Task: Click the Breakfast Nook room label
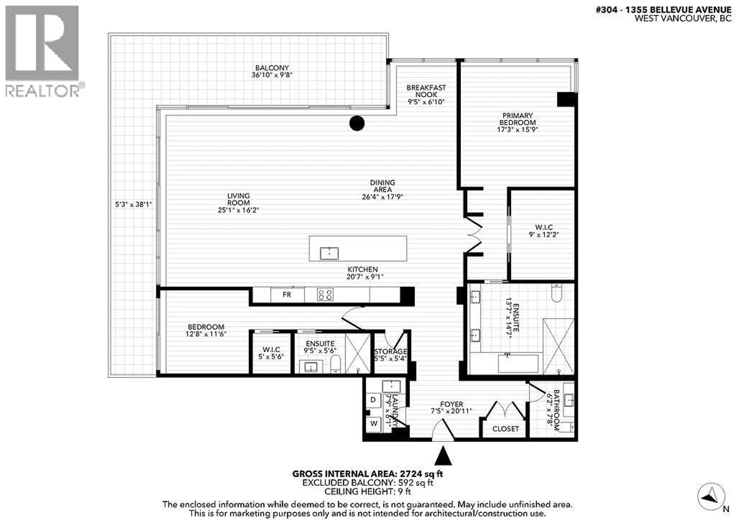coord(426,91)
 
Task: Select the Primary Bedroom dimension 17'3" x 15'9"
coord(517,130)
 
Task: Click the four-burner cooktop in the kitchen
coord(325,294)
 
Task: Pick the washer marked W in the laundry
coord(373,423)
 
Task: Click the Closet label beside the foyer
coord(505,429)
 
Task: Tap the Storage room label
coord(390,351)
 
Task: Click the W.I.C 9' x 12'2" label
coord(544,231)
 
